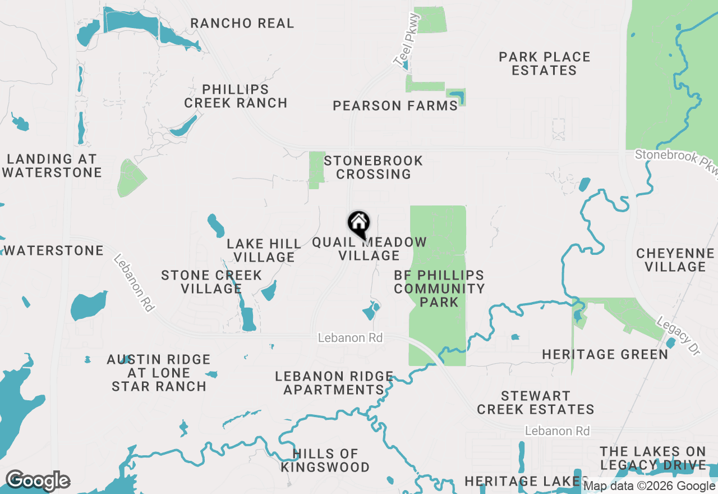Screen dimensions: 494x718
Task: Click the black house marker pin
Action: pyautogui.click(x=359, y=224)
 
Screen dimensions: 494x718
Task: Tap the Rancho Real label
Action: pyautogui.click(x=242, y=24)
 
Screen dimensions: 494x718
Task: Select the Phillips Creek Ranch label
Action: pyautogui.click(x=236, y=96)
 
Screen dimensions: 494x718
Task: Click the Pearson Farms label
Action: pyautogui.click(x=395, y=106)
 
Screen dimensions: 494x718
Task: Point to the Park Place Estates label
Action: pyautogui.click(x=544, y=63)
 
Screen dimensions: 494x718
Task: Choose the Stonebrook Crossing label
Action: pyautogui.click(x=373, y=167)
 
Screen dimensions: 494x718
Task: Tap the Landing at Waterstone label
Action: pyautogui.click(x=52, y=166)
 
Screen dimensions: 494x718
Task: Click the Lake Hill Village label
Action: pyautogui.click(x=264, y=250)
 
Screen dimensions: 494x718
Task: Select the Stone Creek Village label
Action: pyautogui.click(x=211, y=282)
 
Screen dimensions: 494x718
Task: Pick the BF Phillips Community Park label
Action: pyautogui.click(x=439, y=289)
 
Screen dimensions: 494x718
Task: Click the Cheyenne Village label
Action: pyautogui.click(x=675, y=260)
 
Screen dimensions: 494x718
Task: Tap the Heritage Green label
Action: pyautogui.click(x=605, y=354)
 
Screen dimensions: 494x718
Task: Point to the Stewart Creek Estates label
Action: pyautogui.click(x=535, y=402)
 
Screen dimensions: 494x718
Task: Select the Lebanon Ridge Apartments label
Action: pyautogui.click(x=334, y=383)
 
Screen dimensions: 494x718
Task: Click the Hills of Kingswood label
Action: pyautogui.click(x=325, y=460)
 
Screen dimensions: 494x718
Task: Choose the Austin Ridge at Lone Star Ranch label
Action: pyautogui.click(x=159, y=373)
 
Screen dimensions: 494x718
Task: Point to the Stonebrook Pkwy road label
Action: pyautogui.click(x=675, y=161)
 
